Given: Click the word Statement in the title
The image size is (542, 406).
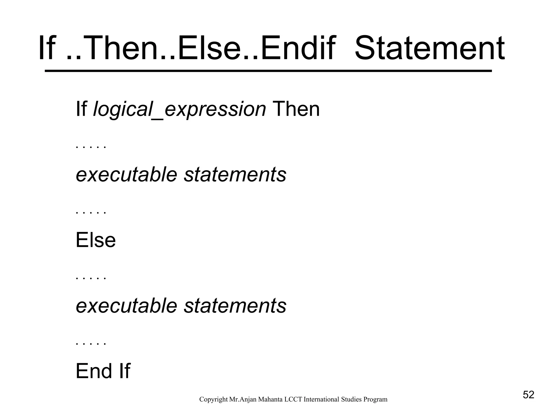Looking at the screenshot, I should [x=429, y=49].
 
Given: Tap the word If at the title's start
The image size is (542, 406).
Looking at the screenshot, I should [x=47, y=49].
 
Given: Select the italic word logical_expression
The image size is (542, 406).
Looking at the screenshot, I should [x=179, y=109].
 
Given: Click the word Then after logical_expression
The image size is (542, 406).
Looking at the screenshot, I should [x=296, y=109].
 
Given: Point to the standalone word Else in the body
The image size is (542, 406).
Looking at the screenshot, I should [x=96, y=240].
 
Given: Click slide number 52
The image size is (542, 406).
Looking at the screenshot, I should [x=529, y=395].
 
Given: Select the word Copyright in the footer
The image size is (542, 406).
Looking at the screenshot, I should [x=213, y=399].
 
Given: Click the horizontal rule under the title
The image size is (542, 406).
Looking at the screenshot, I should [x=268, y=71].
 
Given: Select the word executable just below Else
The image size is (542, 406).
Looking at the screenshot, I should [x=126, y=306].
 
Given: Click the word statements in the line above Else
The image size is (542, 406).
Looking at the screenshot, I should [x=235, y=175].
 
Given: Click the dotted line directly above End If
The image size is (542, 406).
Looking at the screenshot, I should [x=91, y=344].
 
